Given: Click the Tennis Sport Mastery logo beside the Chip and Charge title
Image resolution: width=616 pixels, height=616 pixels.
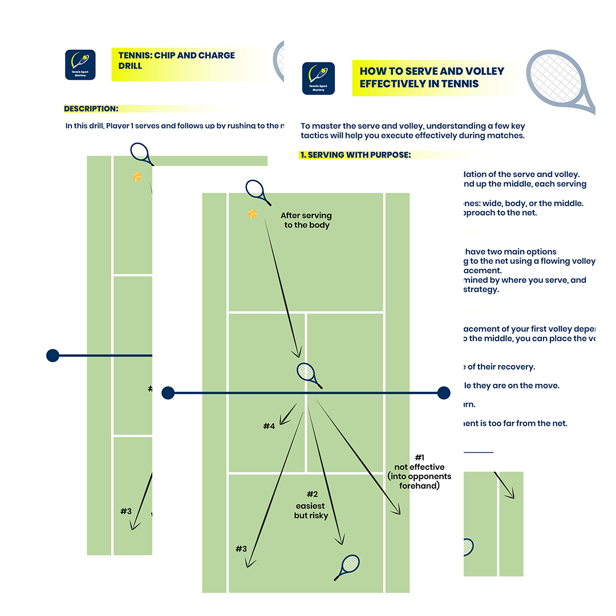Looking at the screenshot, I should pos(80,64).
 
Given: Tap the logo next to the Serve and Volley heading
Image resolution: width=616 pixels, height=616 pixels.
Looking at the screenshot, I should pos(318,78).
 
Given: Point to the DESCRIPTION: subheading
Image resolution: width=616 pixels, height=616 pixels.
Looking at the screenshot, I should pos(91,108).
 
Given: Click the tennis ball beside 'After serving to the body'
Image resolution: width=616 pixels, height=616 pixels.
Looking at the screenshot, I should pos(252,214).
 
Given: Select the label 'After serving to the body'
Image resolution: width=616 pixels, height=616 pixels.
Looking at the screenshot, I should pos(307,220).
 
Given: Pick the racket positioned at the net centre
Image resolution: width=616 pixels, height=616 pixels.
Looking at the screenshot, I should pos(307,374).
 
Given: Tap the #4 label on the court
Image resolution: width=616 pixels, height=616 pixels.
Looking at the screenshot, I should pos(269,426).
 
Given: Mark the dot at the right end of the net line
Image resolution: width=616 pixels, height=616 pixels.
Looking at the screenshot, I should pos(443,393).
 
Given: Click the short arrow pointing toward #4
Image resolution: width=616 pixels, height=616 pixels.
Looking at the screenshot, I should pos(289,412).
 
